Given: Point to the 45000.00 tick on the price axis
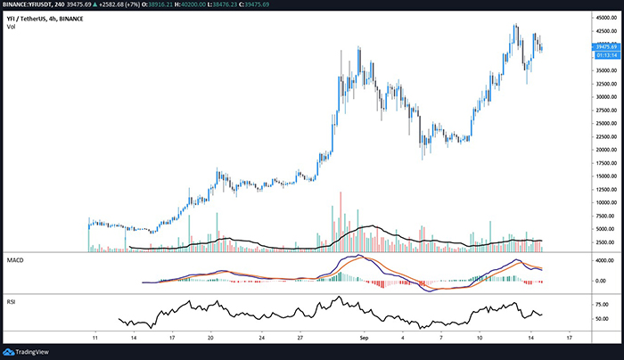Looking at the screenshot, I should pos(599,17).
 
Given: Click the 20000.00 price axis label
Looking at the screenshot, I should pos(599,150).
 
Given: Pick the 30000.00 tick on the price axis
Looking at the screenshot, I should pos(599,97).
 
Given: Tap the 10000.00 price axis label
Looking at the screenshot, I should pos(599,203).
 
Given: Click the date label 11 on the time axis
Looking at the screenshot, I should pos(94,340).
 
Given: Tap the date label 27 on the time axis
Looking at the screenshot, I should pos(302,340).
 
